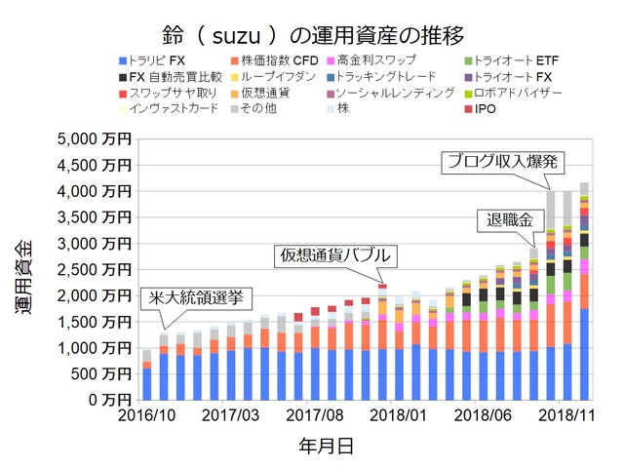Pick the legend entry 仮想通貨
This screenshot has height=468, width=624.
(263, 93)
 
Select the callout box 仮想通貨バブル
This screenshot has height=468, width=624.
(334, 255)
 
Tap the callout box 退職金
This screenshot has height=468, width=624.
(505, 220)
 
